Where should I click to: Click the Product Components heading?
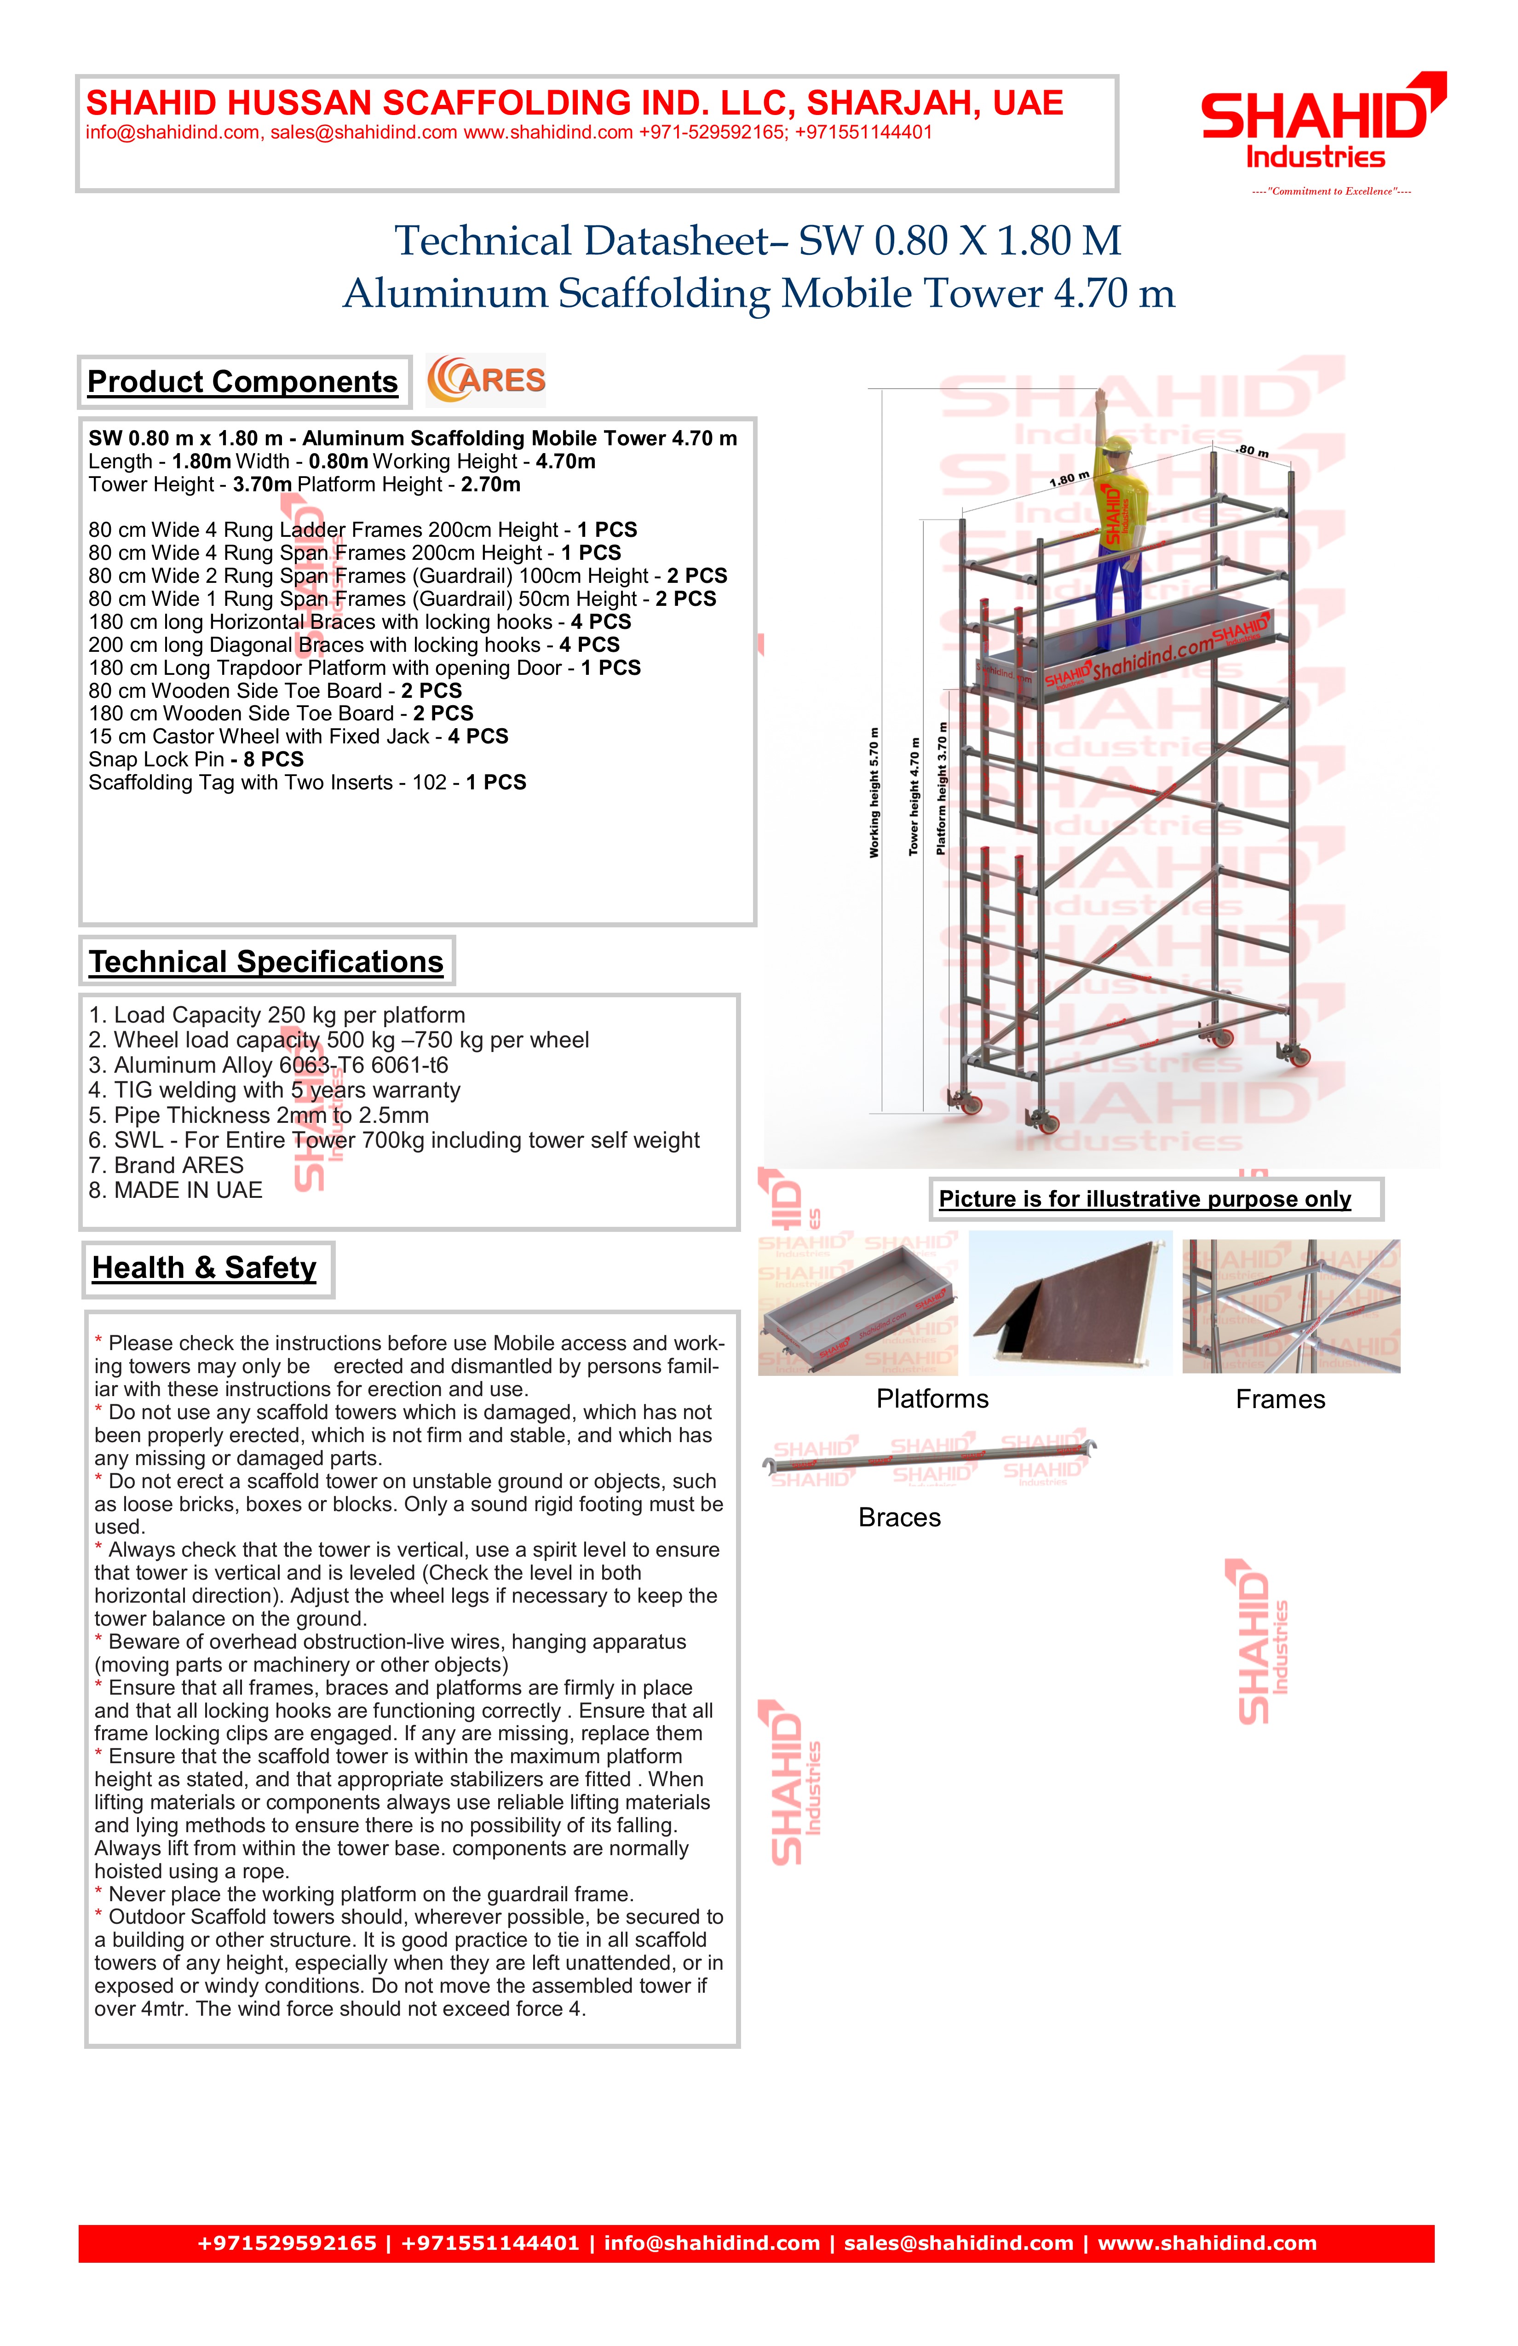(x=242, y=381)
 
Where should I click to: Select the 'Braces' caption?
(x=899, y=1517)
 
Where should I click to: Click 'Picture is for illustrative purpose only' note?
(x=1144, y=1199)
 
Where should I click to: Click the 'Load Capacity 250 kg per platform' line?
(x=277, y=1015)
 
